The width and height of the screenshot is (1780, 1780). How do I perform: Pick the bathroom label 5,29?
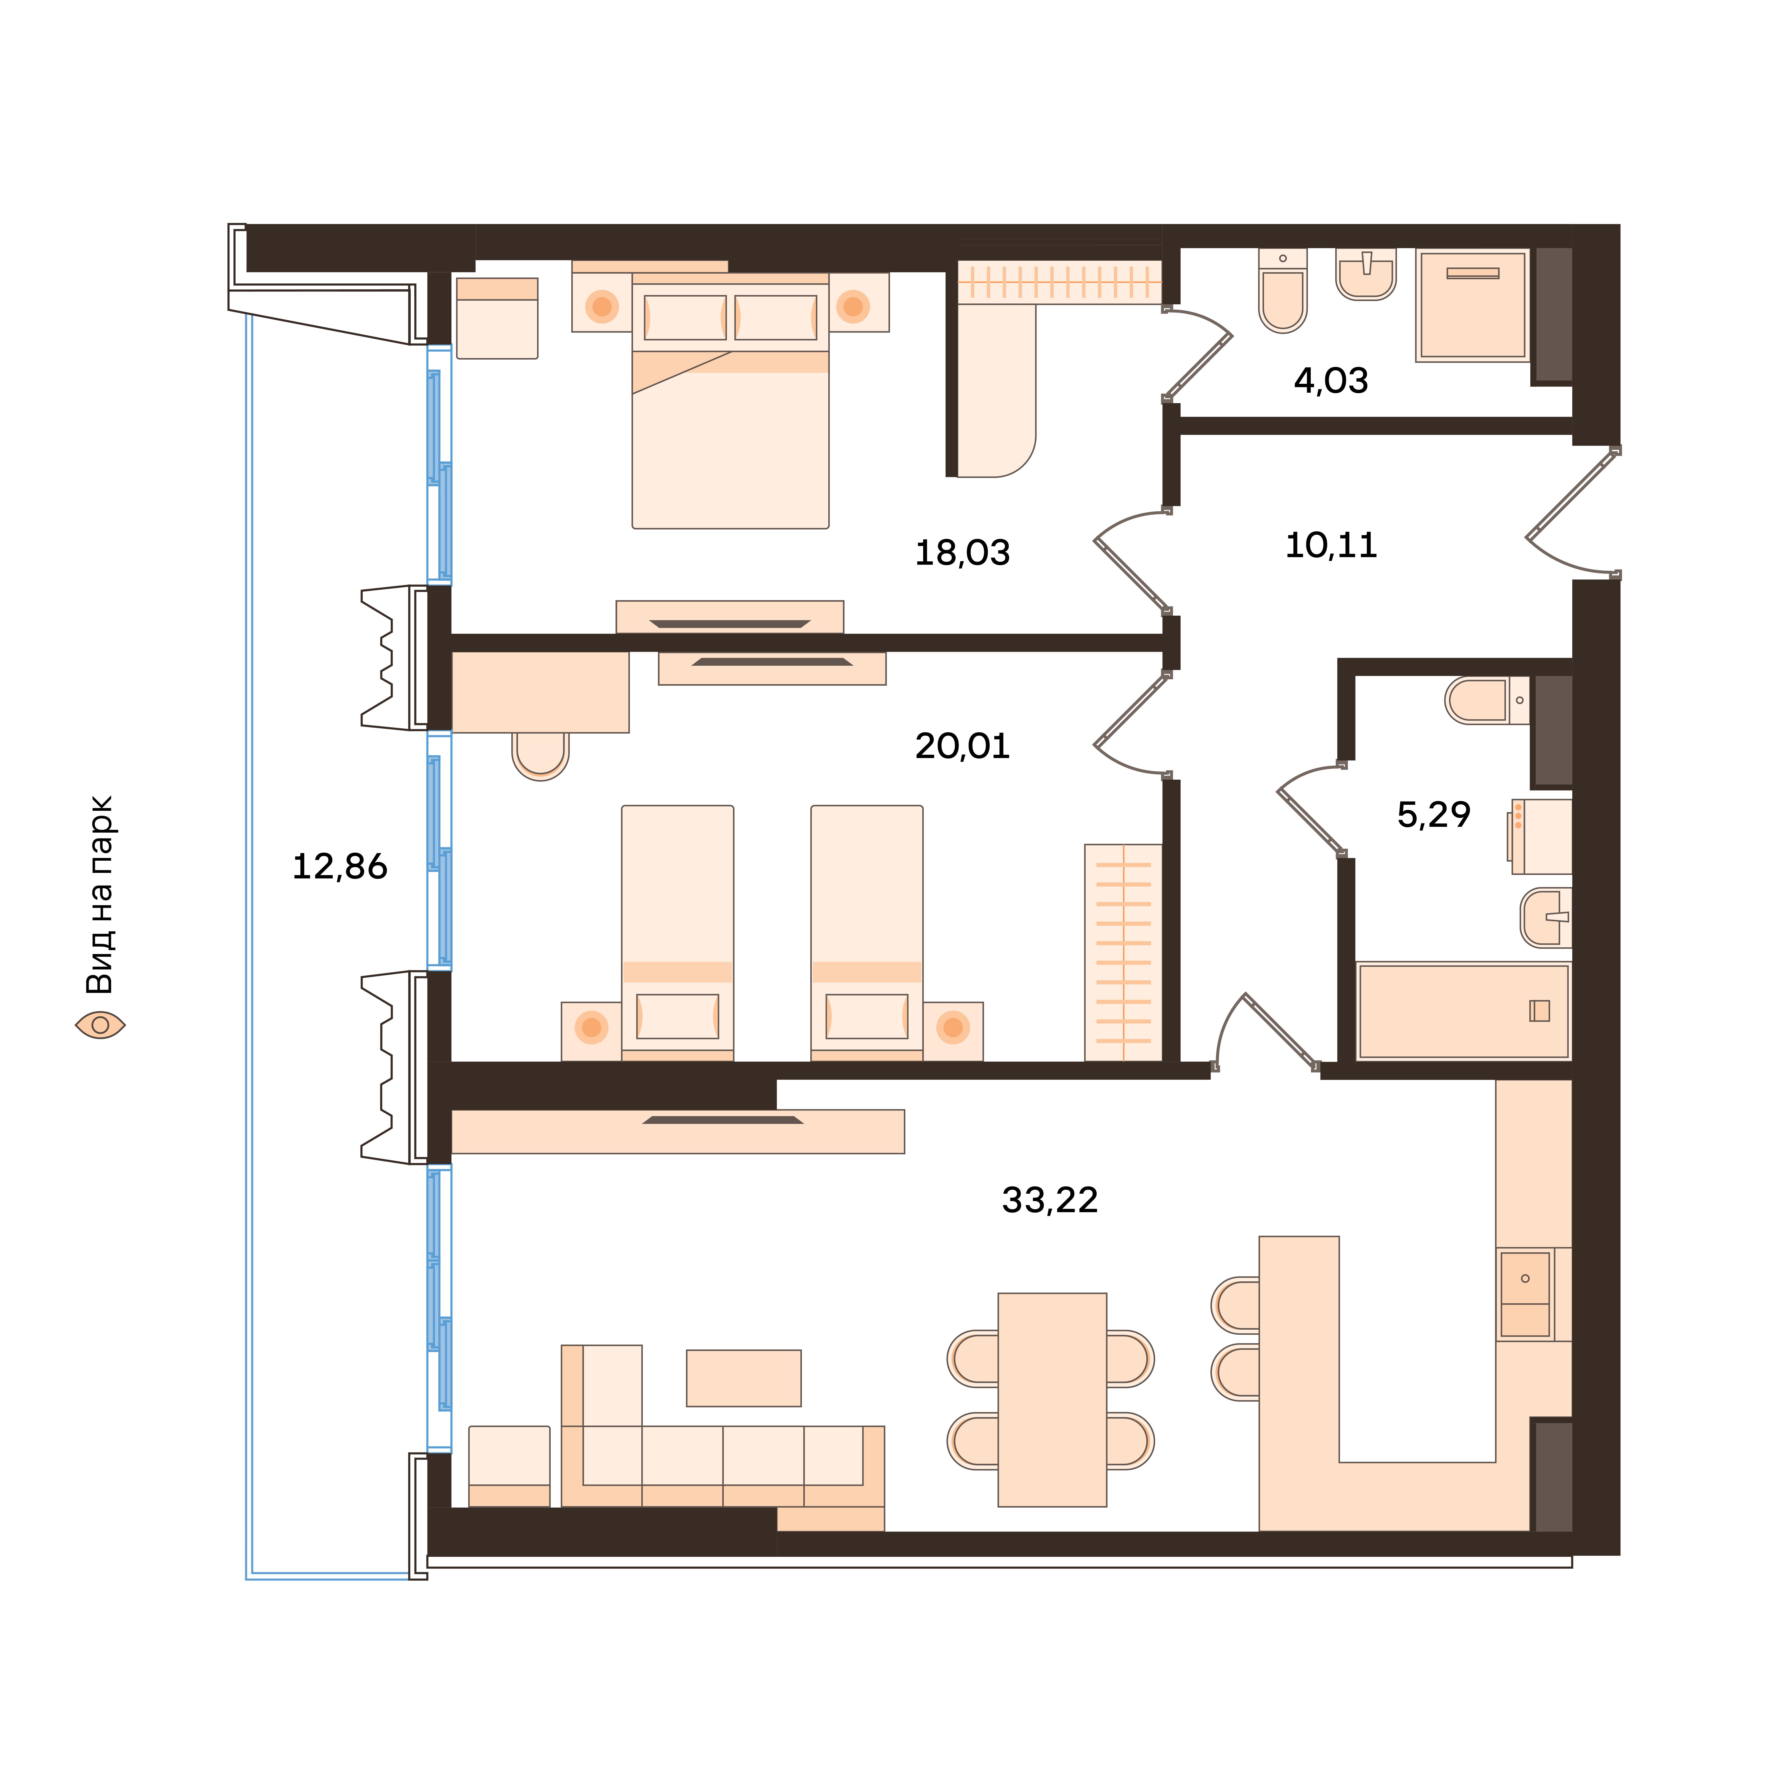pos(1434,814)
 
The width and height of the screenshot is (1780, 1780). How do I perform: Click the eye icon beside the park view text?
pos(99,1025)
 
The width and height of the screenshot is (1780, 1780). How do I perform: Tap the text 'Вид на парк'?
pos(99,895)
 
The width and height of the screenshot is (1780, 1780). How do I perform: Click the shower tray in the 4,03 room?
pos(1472,305)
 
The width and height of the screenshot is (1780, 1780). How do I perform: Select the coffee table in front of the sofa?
pos(744,1378)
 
